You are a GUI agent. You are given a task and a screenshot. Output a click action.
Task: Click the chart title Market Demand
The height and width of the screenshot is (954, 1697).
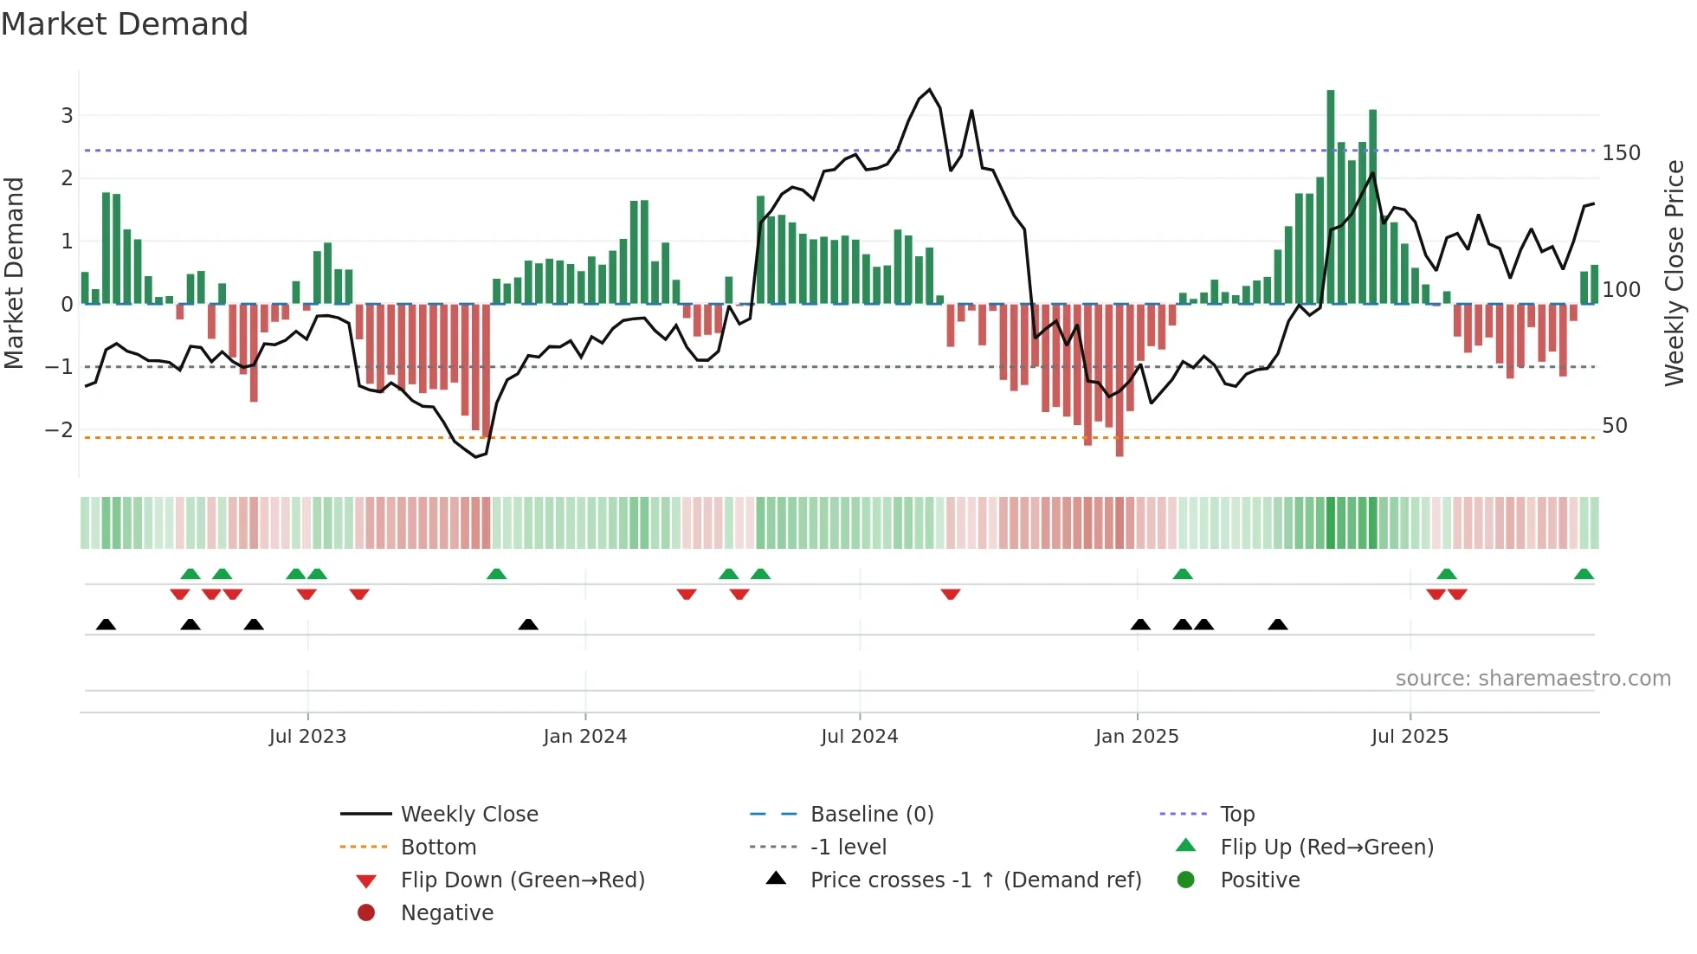click(125, 24)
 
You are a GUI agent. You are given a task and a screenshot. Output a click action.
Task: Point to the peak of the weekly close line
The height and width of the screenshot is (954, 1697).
click(930, 89)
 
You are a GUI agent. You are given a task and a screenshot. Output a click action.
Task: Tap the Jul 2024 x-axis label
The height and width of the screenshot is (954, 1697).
click(859, 737)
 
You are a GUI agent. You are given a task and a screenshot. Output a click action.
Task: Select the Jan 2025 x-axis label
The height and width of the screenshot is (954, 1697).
click(1136, 737)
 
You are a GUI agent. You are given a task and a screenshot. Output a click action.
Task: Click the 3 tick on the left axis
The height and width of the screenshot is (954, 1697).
click(67, 115)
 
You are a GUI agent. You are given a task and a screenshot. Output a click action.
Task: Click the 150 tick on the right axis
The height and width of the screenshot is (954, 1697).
click(1621, 153)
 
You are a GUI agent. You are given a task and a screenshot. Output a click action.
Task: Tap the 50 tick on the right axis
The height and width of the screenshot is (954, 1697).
click(1614, 426)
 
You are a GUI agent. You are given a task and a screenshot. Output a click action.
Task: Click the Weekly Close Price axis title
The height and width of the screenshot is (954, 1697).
click(1674, 273)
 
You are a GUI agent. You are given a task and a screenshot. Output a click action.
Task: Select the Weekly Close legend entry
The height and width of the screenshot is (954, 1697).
click(468, 815)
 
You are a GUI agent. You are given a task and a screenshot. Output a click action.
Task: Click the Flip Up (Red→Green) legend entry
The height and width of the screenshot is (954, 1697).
click(1326, 848)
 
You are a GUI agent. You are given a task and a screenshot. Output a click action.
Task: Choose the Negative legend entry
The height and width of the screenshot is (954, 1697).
click(446, 913)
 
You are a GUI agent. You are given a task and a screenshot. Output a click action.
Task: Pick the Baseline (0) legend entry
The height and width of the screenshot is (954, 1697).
click(871, 815)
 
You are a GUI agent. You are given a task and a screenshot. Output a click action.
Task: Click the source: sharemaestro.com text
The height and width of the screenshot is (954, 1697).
click(1532, 679)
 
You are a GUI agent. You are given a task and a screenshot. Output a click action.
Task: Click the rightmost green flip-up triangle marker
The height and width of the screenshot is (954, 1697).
click(1584, 574)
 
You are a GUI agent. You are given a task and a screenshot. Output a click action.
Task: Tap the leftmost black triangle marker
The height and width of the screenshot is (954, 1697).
click(106, 624)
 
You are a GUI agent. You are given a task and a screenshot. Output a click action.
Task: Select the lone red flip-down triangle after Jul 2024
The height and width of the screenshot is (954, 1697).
click(951, 594)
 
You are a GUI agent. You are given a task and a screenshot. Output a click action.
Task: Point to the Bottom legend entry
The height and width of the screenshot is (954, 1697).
click(437, 848)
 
